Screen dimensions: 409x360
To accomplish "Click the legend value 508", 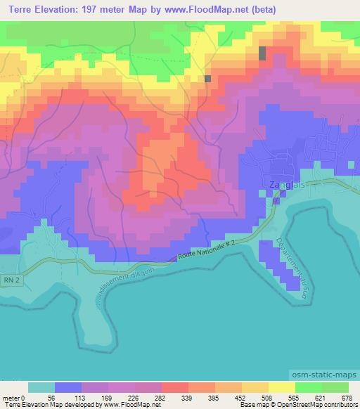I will tap(269, 397).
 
